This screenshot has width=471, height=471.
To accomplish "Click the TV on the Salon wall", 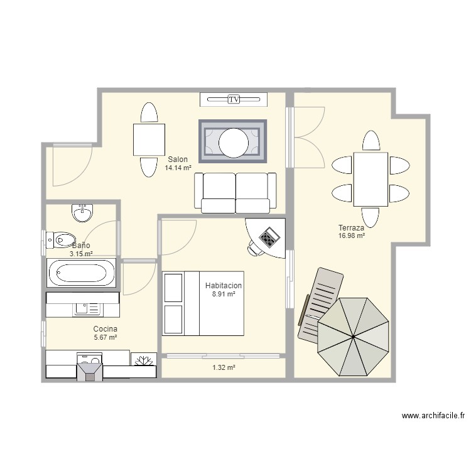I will (234, 99).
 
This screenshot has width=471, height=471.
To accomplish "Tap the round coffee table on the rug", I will (234, 142).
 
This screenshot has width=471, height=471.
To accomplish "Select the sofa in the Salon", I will (235, 191).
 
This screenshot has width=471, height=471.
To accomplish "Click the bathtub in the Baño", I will (82, 273).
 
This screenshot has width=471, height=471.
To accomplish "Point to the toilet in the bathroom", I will (63, 239).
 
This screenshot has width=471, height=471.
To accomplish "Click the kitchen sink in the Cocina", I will (87, 308).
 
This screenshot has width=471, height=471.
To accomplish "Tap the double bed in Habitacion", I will (203, 304).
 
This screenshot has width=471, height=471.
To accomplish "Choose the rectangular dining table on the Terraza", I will (371, 179).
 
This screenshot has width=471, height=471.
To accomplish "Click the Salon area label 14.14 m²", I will (178, 168).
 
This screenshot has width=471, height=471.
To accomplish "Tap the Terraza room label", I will (351, 227).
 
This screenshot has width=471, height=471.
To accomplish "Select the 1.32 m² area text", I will (224, 367).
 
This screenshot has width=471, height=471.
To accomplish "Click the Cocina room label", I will (105, 329).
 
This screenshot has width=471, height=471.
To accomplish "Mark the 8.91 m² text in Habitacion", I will (224, 294).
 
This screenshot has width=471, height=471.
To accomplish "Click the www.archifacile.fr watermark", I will (433, 416).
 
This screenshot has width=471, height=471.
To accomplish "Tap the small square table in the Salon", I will (149, 139).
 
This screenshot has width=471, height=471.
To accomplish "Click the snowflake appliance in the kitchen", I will (143, 360).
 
